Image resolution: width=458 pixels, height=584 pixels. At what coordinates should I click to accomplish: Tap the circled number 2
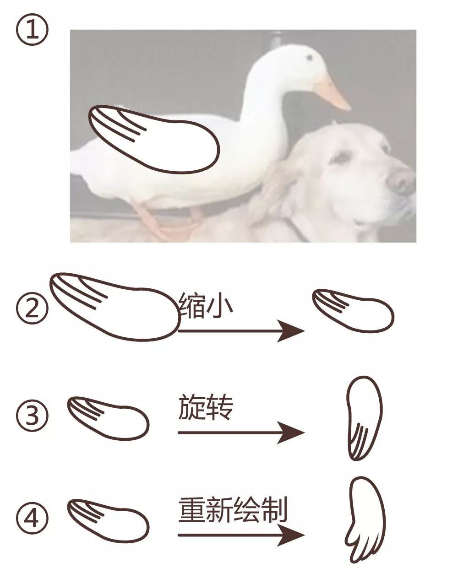point(32,308)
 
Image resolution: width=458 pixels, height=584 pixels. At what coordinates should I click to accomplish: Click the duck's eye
point(310,57)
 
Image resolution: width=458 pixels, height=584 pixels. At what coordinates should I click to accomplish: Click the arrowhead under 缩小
point(291,331)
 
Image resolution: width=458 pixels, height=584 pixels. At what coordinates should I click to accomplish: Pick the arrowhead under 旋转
point(291,433)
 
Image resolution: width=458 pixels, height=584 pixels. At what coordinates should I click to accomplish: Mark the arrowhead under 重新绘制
point(291,535)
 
